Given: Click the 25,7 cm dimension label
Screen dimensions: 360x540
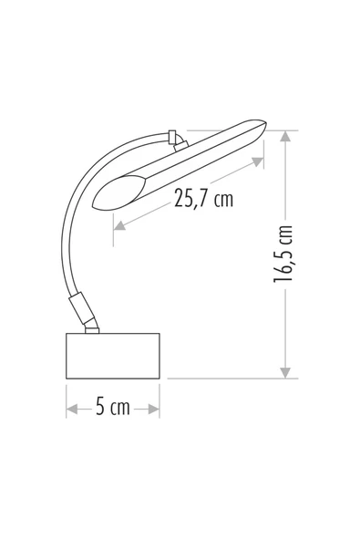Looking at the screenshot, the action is (203, 198).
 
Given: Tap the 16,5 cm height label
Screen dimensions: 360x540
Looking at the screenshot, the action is (283, 254).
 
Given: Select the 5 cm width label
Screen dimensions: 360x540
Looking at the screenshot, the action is (112, 407).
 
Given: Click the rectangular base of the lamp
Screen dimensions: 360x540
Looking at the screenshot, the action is (112, 356).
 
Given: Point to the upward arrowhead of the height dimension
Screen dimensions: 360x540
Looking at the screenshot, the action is (285, 137).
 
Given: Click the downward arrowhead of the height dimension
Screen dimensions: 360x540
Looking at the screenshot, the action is (285, 373).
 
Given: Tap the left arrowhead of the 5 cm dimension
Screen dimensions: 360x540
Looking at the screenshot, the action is (72, 410).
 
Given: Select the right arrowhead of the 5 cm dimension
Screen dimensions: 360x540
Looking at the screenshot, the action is (154, 410).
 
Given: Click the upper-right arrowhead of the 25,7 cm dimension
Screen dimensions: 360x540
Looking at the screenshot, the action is (258, 161).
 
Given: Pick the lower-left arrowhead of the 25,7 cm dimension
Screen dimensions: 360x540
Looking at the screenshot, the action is (119, 225).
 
